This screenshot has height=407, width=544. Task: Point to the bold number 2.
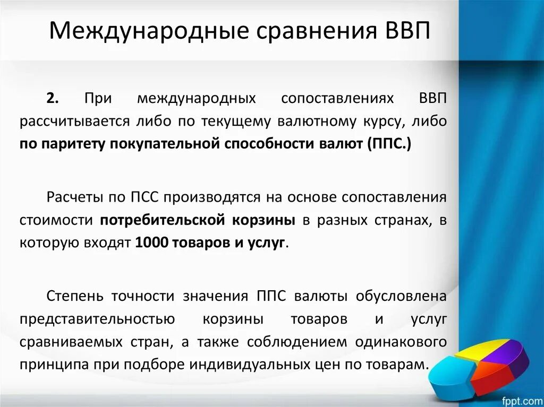point(52,99)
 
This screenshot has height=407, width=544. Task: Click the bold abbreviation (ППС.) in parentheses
point(388,144)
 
